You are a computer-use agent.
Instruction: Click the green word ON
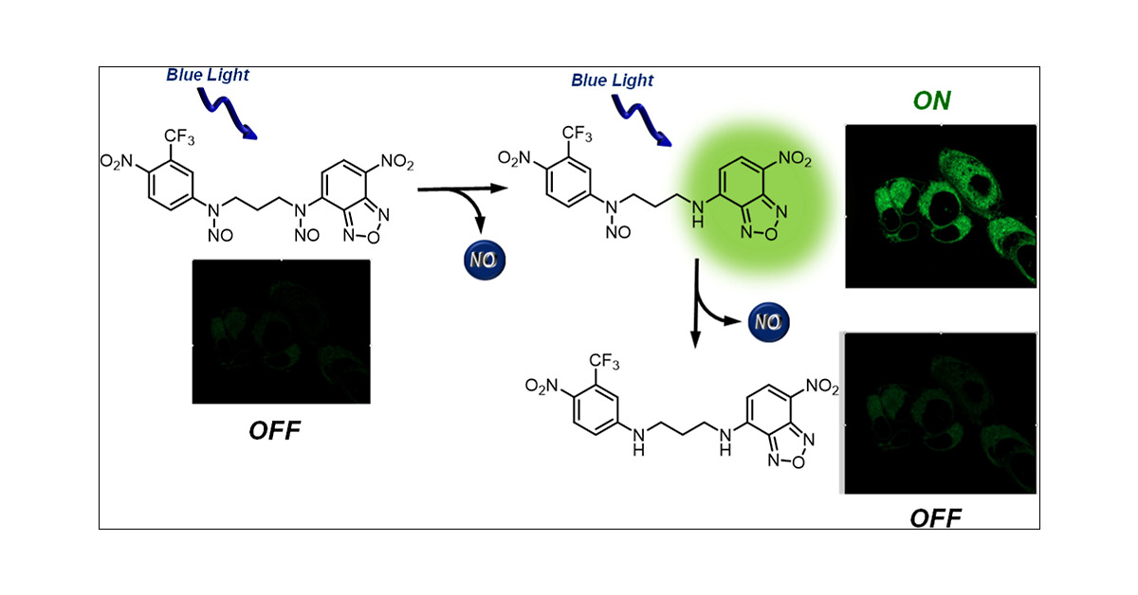pyautogui.click(x=930, y=100)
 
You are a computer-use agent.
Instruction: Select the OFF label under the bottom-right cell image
pyautogui.click(x=934, y=517)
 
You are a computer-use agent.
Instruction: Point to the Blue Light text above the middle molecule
pyautogui.click(x=612, y=81)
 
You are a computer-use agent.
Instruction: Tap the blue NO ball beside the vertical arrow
pyautogui.click(x=767, y=323)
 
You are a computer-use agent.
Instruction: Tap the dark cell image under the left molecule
pyautogui.click(x=281, y=331)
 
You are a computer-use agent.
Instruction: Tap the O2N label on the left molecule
pyautogui.click(x=120, y=162)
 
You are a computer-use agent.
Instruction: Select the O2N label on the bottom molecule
pyautogui.click(x=549, y=385)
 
